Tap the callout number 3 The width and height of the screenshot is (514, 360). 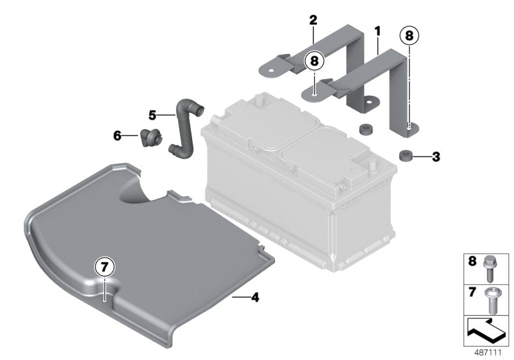click(x=436, y=156)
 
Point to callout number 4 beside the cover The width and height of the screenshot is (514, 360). click(x=255, y=297)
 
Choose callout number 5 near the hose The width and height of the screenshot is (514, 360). click(x=152, y=115)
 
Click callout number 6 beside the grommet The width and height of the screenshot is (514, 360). click(x=117, y=136)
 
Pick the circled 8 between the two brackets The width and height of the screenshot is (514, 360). click(x=314, y=62)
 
